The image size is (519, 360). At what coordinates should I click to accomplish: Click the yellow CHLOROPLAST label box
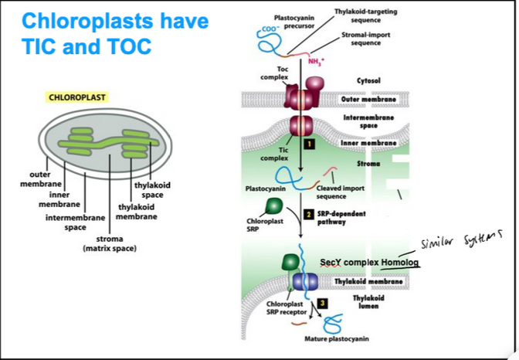tap(77, 98)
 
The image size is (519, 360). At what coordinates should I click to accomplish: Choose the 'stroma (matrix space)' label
tap(109, 244)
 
